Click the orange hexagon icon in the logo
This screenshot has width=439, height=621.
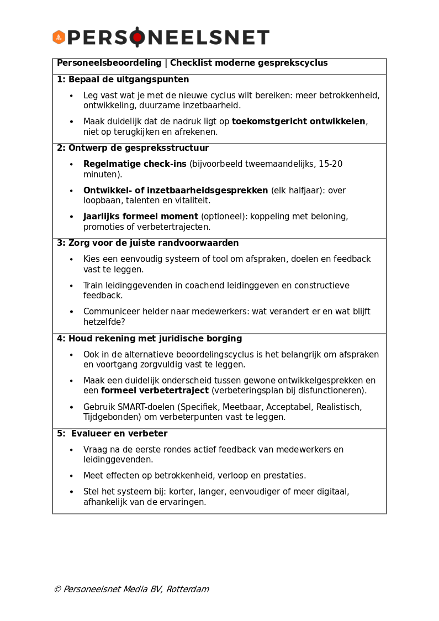point(59,38)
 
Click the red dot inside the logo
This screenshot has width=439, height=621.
point(137,38)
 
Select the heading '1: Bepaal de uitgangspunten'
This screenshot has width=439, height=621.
point(123,80)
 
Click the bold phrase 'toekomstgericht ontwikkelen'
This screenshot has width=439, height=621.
point(298,122)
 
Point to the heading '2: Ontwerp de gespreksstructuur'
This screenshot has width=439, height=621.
point(133,148)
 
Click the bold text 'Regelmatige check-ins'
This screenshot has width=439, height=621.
point(135,164)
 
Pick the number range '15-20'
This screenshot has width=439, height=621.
point(330,164)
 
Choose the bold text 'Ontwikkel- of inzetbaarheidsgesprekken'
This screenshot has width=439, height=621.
point(176,191)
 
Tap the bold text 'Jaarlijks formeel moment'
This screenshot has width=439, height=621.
point(140,217)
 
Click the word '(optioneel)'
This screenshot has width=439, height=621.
point(224,217)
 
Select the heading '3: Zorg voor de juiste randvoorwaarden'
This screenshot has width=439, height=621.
point(147,243)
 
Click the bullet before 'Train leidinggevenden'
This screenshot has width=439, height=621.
point(71,286)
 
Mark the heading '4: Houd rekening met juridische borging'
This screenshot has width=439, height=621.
point(149,339)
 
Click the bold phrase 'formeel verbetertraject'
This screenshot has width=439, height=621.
point(155,391)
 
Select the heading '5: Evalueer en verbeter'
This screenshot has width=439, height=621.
point(112,434)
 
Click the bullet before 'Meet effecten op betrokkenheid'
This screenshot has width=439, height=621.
point(71,476)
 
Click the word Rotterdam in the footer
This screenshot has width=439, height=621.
point(187,590)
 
